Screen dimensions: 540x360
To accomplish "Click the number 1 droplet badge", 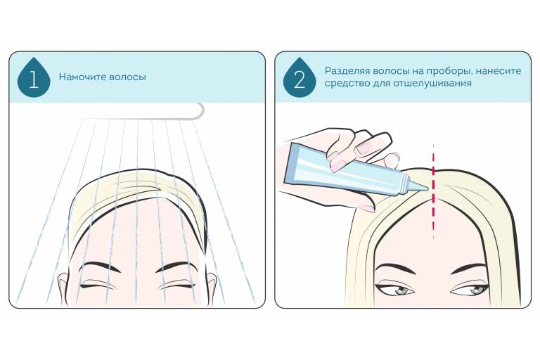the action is (34, 78).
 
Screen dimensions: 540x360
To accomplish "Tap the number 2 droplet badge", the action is (300, 78).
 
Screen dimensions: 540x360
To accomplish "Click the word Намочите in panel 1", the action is (82, 77).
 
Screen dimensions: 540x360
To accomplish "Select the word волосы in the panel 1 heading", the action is (127, 77).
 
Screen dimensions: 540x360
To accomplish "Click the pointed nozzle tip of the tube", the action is (427, 188).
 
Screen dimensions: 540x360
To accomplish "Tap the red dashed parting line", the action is (433, 191).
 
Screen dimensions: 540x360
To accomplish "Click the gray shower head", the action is (142, 111).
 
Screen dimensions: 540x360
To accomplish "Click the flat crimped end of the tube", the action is (289, 165).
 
